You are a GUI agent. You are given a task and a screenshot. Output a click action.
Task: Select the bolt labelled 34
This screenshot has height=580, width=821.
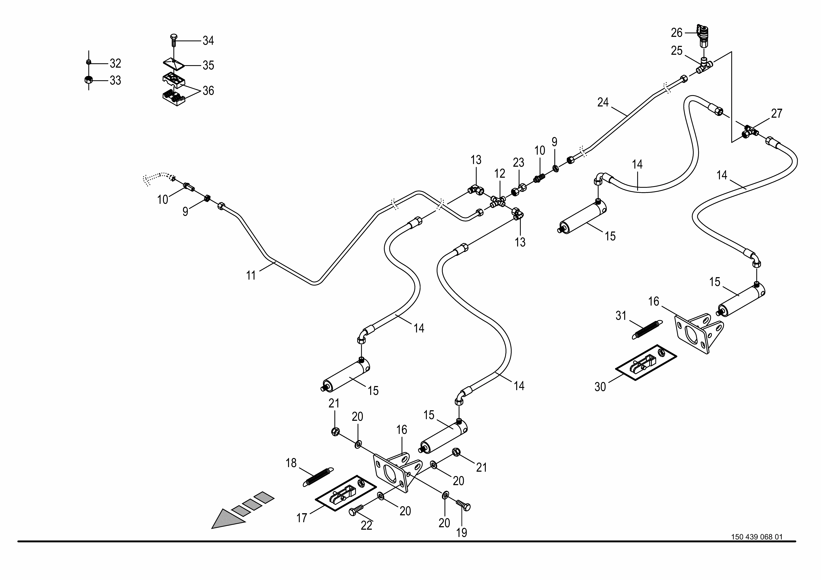click(173, 40)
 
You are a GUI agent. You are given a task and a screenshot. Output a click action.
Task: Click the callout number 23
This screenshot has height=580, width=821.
click(518, 163)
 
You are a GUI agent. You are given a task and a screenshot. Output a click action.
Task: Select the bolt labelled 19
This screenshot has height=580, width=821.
click(463, 505)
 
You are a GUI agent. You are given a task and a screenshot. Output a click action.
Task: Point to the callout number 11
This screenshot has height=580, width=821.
click(251, 275)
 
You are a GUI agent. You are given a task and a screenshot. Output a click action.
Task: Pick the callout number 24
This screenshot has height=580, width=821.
click(603, 103)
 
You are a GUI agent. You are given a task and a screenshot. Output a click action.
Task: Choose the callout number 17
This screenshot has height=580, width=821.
click(302, 518)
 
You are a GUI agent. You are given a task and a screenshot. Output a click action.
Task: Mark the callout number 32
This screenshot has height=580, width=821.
click(115, 63)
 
